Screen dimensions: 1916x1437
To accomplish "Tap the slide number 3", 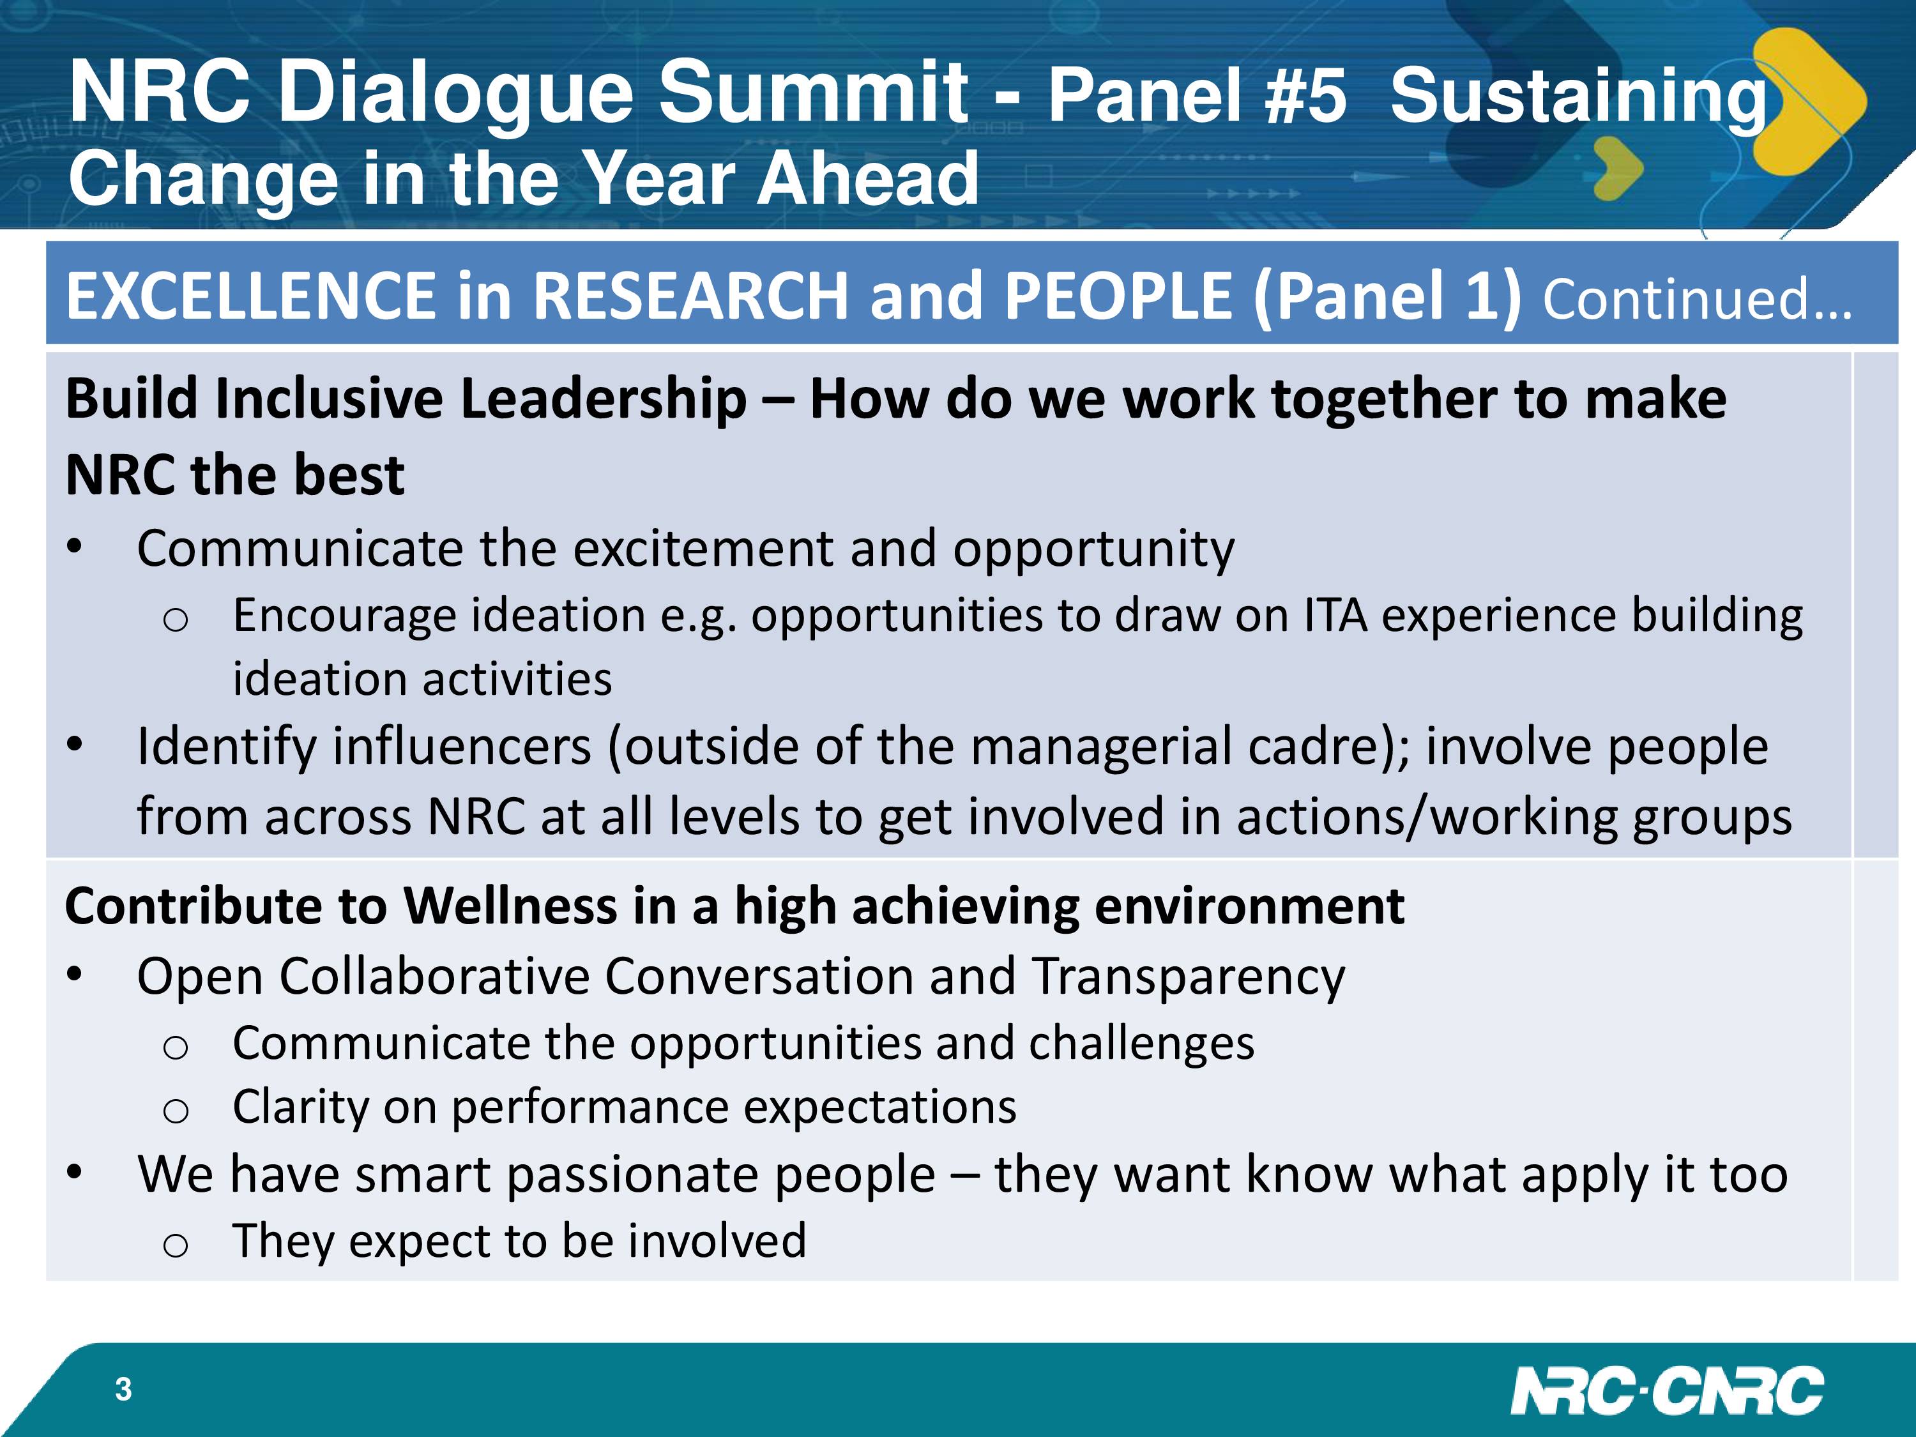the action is click(123, 1388).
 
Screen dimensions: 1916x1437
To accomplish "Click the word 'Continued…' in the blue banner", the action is click(1697, 298).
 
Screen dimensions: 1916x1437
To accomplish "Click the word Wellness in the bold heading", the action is click(510, 906).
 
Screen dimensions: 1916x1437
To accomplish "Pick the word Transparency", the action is click(1189, 977).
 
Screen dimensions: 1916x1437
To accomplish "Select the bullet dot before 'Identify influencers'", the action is click(75, 744).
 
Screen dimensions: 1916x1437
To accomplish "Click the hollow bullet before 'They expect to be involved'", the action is click(175, 1245).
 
